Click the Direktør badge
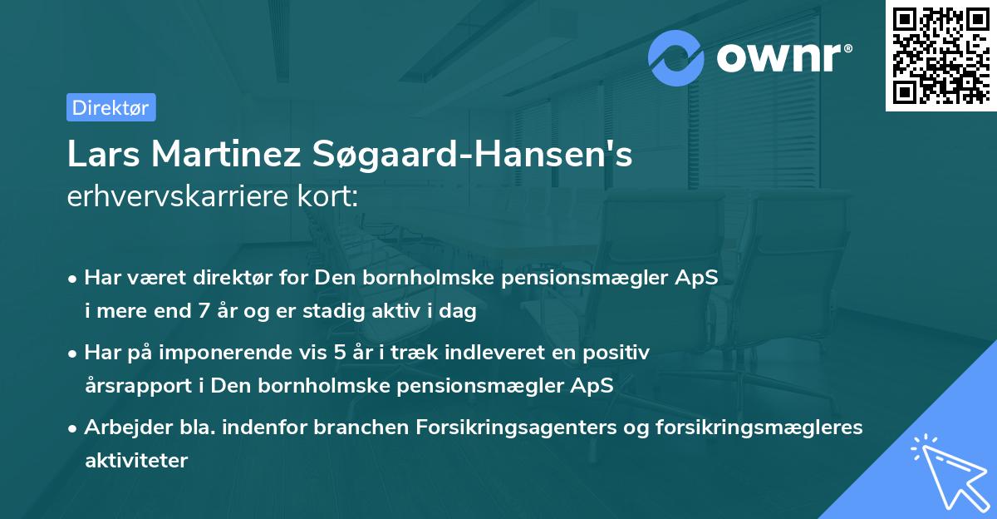(x=111, y=107)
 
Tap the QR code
(x=941, y=55)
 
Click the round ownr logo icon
(x=676, y=58)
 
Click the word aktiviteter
(x=136, y=460)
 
